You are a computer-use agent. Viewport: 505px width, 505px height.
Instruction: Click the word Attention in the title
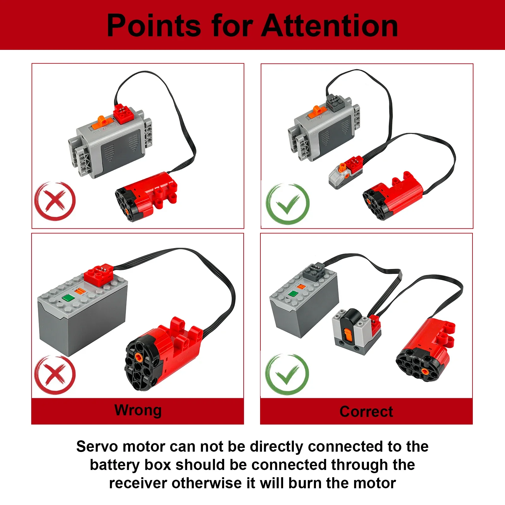tap(330, 26)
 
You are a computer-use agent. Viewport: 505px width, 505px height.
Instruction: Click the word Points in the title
tap(154, 26)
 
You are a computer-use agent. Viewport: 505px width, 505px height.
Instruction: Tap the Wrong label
tap(138, 410)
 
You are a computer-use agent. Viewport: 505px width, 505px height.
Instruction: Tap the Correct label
tap(366, 412)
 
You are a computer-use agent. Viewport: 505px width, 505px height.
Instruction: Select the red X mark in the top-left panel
tap(55, 201)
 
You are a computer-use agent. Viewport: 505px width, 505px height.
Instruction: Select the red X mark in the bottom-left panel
tap(55, 375)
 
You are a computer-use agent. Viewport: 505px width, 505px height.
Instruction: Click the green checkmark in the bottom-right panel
tap(287, 374)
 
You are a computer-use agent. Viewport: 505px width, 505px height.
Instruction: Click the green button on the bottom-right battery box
tap(293, 294)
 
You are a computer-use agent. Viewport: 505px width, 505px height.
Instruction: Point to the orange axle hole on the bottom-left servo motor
tap(138, 357)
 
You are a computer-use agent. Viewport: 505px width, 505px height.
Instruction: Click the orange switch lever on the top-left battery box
tap(102, 120)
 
